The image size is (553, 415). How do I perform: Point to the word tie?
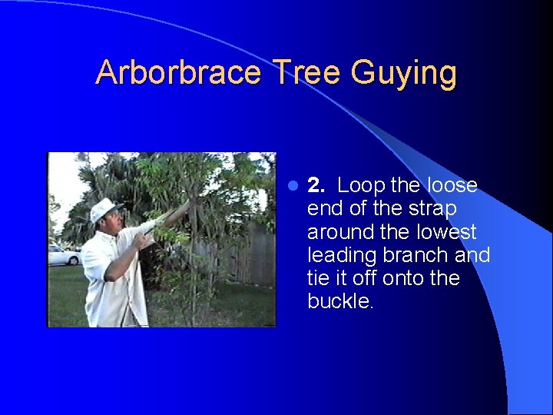319,278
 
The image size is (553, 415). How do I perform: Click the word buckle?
339,301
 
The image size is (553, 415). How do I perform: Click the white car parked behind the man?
64,256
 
